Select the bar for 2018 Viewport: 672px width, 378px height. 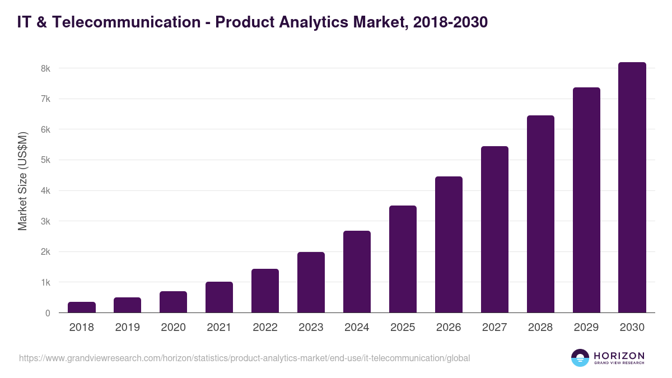82,307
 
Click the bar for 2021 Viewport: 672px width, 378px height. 219,297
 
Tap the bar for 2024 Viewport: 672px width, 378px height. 357,272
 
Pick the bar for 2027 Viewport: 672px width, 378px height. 494,230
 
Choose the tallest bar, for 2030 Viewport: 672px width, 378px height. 632,188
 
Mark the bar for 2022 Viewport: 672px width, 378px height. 265,291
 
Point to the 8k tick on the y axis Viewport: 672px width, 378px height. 45,68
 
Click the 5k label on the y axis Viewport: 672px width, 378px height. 45,160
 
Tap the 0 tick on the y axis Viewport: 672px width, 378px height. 48,313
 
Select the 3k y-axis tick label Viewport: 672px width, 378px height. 45,221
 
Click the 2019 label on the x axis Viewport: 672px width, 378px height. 127,328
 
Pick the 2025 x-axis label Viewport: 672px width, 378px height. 403,328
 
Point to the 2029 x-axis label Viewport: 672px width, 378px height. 586,328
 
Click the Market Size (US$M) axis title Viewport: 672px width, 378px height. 22,181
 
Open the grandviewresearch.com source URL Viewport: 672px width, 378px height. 244,358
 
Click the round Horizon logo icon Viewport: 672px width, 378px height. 580,358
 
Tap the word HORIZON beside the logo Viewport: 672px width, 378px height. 619,356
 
